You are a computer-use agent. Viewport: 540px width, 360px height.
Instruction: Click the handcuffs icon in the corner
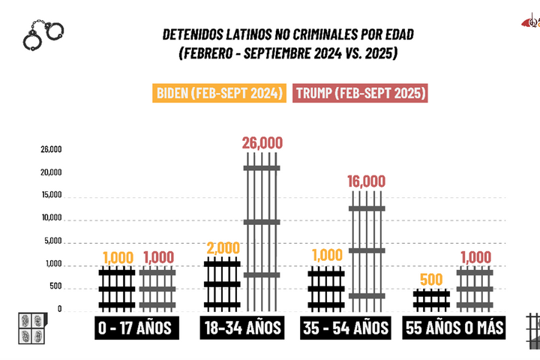(x=42, y=34)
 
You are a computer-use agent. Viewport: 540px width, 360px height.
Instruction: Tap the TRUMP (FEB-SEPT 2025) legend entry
(x=361, y=93)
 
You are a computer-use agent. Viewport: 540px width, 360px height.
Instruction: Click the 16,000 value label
(x=367, y=181)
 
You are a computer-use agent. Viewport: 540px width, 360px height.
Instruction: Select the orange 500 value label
(x=430, y=280)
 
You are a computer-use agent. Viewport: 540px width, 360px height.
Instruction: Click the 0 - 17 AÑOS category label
(x=134, y=328)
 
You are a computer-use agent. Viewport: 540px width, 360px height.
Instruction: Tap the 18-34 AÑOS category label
(x=241, y=328)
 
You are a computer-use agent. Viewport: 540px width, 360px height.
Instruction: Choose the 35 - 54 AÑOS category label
(x=345, y=328)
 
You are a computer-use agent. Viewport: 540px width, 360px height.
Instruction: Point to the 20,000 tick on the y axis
(x=52, y=172)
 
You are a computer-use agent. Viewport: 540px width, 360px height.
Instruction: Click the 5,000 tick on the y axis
(x=52, y=241)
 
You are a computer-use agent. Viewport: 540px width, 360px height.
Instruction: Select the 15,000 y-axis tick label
(x=52, y=196)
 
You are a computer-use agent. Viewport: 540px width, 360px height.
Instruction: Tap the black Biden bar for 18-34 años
(x=222, y=285)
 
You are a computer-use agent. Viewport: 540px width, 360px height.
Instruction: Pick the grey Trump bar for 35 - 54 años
(x=366, y=251)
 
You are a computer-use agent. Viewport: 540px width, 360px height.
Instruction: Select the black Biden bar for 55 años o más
(x=430, y=300)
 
